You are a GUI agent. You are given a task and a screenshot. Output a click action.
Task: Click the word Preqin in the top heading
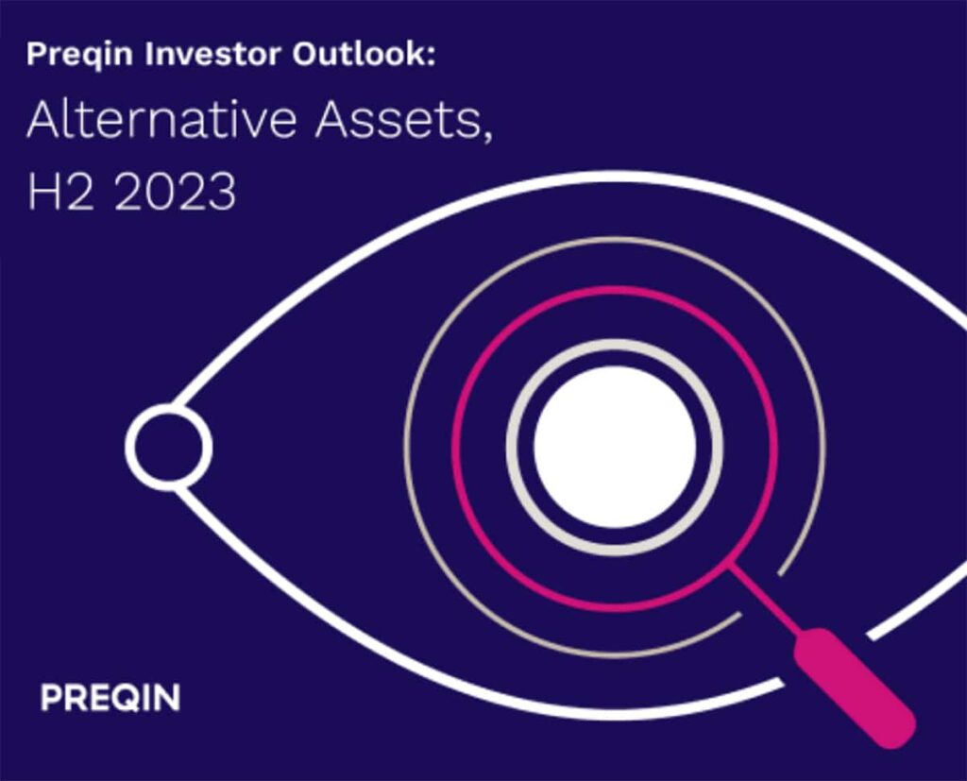click(79, 55)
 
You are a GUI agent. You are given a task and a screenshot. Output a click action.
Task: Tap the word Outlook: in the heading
click(365, 54)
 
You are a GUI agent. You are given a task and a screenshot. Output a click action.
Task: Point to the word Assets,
click(404, 121)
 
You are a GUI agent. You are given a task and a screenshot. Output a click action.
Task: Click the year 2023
click(175, 192)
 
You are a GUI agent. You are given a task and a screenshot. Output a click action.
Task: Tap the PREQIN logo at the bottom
click(110, 697)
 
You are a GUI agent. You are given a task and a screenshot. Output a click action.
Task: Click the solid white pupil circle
click(615, 448)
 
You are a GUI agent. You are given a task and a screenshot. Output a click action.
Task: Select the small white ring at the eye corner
click(169, 448)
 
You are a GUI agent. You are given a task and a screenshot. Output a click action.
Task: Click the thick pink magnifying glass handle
click(854, 688)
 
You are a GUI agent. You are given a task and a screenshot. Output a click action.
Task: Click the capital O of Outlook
click(307, 54)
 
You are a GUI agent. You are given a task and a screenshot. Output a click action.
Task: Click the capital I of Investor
click(149, 54)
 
